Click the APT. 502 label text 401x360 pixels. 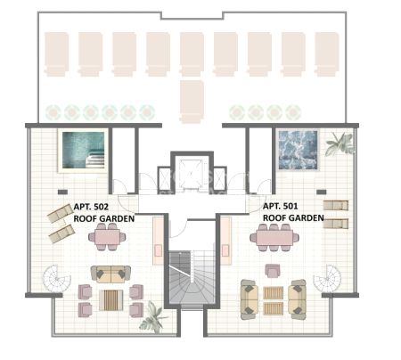click(x=91, y=207)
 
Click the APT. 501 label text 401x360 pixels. click(x=280, y=206)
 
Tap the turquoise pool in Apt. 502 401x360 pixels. click(x=83, y=151)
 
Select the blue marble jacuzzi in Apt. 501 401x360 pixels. click(x=298, y=150)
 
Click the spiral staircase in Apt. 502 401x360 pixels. click(x=57, y=279)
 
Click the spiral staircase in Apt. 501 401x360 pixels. click(x=327, y=279)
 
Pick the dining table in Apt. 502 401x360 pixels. click(x=107, y=237)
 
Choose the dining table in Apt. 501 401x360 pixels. click(x=274, y=237)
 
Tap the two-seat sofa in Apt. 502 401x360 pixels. click(x=110, y=274)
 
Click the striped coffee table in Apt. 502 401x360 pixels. click(x=110, y=300)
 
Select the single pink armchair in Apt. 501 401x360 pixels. click(x=272, y=271)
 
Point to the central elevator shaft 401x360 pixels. click(x=192, y=172)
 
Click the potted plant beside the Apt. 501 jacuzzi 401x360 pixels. click(x=340, y=143)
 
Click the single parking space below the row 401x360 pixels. click(x=192, y=102)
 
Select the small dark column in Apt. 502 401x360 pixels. click(x=62, y=192)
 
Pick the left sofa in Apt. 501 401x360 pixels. click(x=250, y=299)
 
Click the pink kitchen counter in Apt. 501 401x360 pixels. click(x=225, y=241)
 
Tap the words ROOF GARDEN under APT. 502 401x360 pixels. click(x=104, y=218)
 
